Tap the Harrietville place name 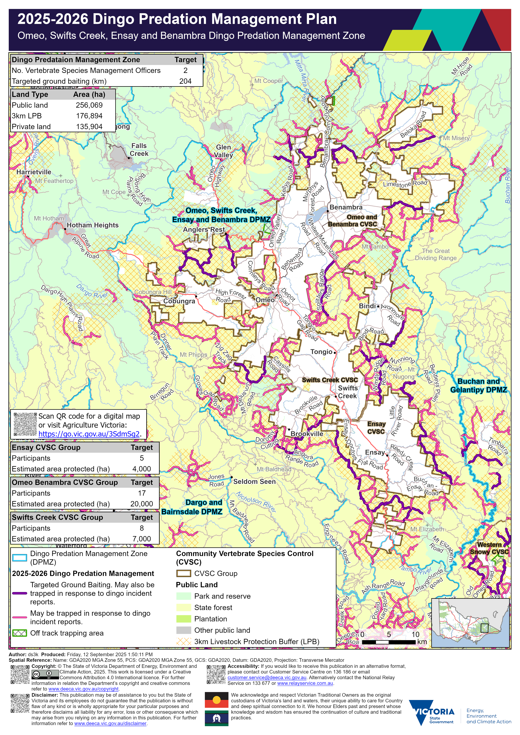(x=34, y=172)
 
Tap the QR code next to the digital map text (x=25, y=424)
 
